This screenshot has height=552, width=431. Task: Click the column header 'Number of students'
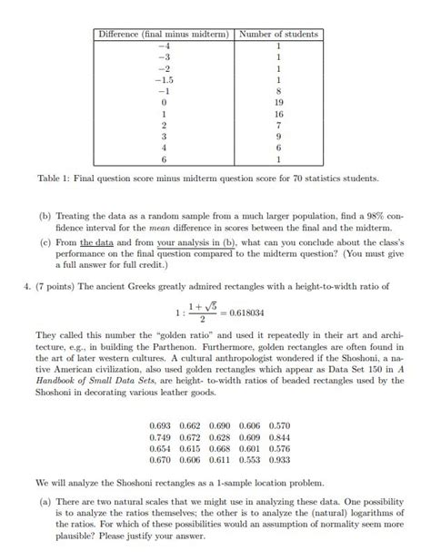point(277,34)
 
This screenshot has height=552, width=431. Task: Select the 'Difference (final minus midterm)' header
point(164,34)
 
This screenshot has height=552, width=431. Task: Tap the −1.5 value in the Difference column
point(164,80)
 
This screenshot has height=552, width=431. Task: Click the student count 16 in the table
point(277,116)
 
